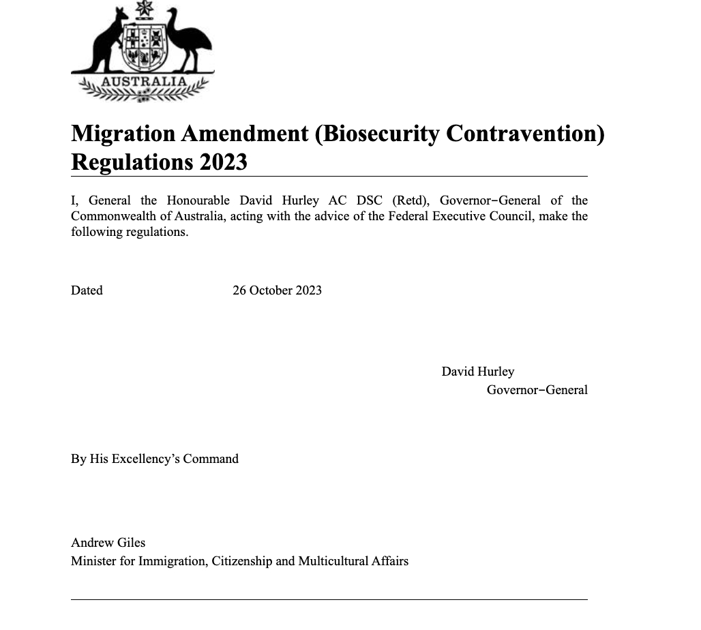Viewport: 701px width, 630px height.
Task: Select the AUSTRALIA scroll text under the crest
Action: point(144,82)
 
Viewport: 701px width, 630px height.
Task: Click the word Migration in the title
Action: point(123,134)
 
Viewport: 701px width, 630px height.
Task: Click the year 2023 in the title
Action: point(224,163)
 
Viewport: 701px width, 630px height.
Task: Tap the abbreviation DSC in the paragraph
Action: point(370,200)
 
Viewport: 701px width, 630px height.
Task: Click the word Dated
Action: point(87,290)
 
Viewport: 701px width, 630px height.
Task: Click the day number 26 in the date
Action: point(239,290)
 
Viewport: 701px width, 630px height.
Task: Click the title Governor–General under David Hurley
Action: point(537,390)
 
